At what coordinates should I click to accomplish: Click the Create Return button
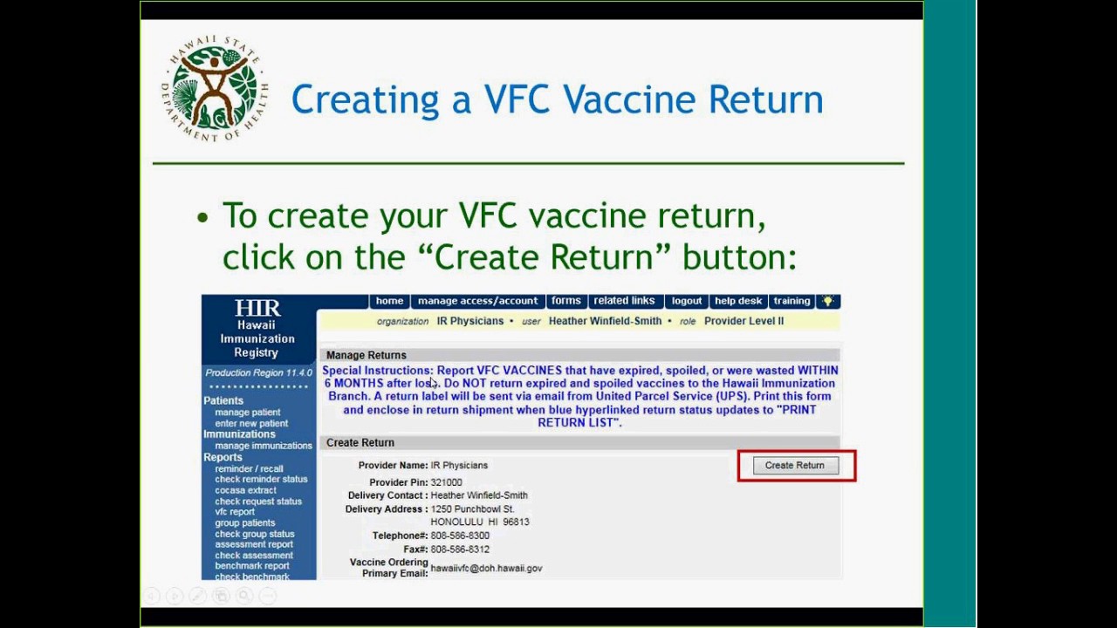[794, 466]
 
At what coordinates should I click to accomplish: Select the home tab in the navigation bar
[389, 301]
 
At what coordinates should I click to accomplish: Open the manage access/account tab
[477, 301]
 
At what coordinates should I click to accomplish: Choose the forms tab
[565, 301]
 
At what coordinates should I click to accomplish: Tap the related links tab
[624, 301]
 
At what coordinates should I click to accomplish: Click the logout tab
[687, 301]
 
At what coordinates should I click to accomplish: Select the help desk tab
[738, 301]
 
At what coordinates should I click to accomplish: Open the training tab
[791, 301]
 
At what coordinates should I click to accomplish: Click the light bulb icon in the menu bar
[827, 301]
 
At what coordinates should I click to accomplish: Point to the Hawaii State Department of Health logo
[215, 90]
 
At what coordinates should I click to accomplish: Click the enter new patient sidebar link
[251, 423]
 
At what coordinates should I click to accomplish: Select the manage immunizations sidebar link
[264, 446]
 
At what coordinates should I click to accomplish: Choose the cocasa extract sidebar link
[245, 490]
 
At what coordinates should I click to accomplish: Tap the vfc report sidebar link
[235, 512]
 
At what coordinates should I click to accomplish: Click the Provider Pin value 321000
[446, 482]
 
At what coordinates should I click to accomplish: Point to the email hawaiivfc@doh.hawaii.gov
[486, 568]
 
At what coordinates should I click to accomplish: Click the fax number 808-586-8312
[460, 549]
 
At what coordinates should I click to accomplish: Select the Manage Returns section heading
[367, 355]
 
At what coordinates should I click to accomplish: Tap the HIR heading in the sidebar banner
[257, 308]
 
